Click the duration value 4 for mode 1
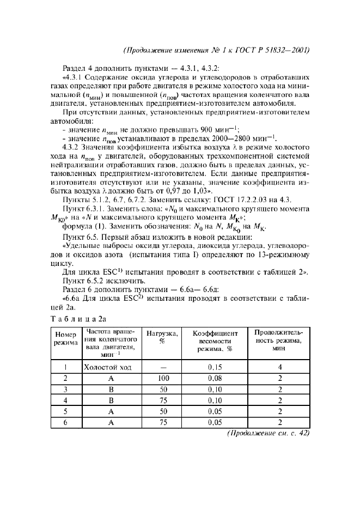click(278, 367)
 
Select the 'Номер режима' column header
click(65, 339)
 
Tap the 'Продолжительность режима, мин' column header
click(278, 341)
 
